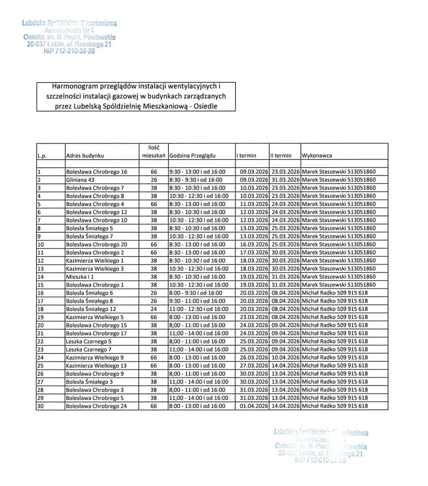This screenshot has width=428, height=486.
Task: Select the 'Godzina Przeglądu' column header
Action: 193,155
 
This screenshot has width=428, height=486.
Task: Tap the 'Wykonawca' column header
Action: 317,155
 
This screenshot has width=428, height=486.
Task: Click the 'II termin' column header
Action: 281,155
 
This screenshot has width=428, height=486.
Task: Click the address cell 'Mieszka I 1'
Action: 80,276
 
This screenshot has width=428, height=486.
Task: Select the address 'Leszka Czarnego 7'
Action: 88,349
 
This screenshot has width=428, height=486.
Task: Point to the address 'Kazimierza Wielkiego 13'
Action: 96,365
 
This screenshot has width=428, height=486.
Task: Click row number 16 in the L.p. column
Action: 40,293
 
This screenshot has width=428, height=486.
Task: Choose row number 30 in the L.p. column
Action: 40,406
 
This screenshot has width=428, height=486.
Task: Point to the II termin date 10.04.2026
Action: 285,357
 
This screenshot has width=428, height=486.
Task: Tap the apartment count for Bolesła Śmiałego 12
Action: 153,309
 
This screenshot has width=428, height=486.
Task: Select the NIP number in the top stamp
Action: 69,51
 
